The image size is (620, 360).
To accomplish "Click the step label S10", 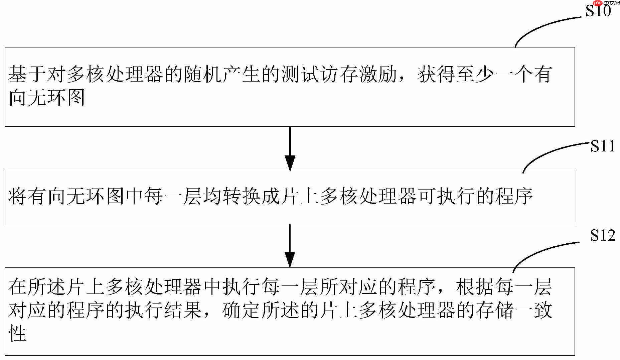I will pos(598,11).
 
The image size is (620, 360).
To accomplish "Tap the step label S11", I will pos(603,146).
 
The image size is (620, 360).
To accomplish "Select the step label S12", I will pos(602,235).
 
